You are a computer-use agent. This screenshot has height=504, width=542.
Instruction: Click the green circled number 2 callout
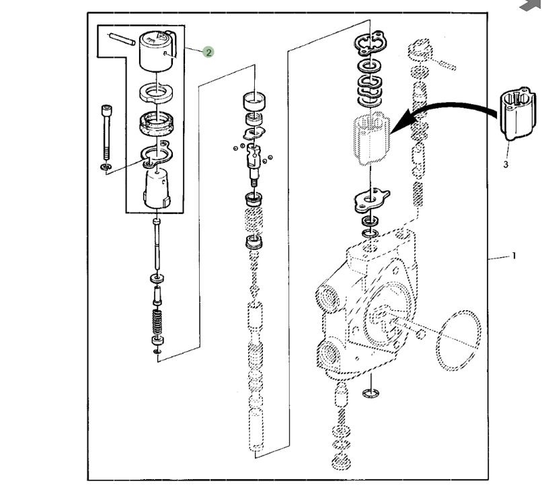pyautogui.click(x=208, y=52)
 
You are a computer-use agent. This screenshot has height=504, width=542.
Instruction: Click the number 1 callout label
pyautogui.click(x=514, y=256)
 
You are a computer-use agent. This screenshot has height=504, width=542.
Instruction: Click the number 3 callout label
pyautogui.click(x=506, y=164)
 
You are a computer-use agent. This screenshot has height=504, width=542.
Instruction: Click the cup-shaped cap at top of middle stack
pyautogui.click(x=255, y=100)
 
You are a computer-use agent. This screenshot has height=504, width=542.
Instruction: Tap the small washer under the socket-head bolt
pyautogui.click(x=106, y=166)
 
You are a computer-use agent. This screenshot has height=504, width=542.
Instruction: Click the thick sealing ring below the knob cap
pyautogui.click(x=157, y=123)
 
